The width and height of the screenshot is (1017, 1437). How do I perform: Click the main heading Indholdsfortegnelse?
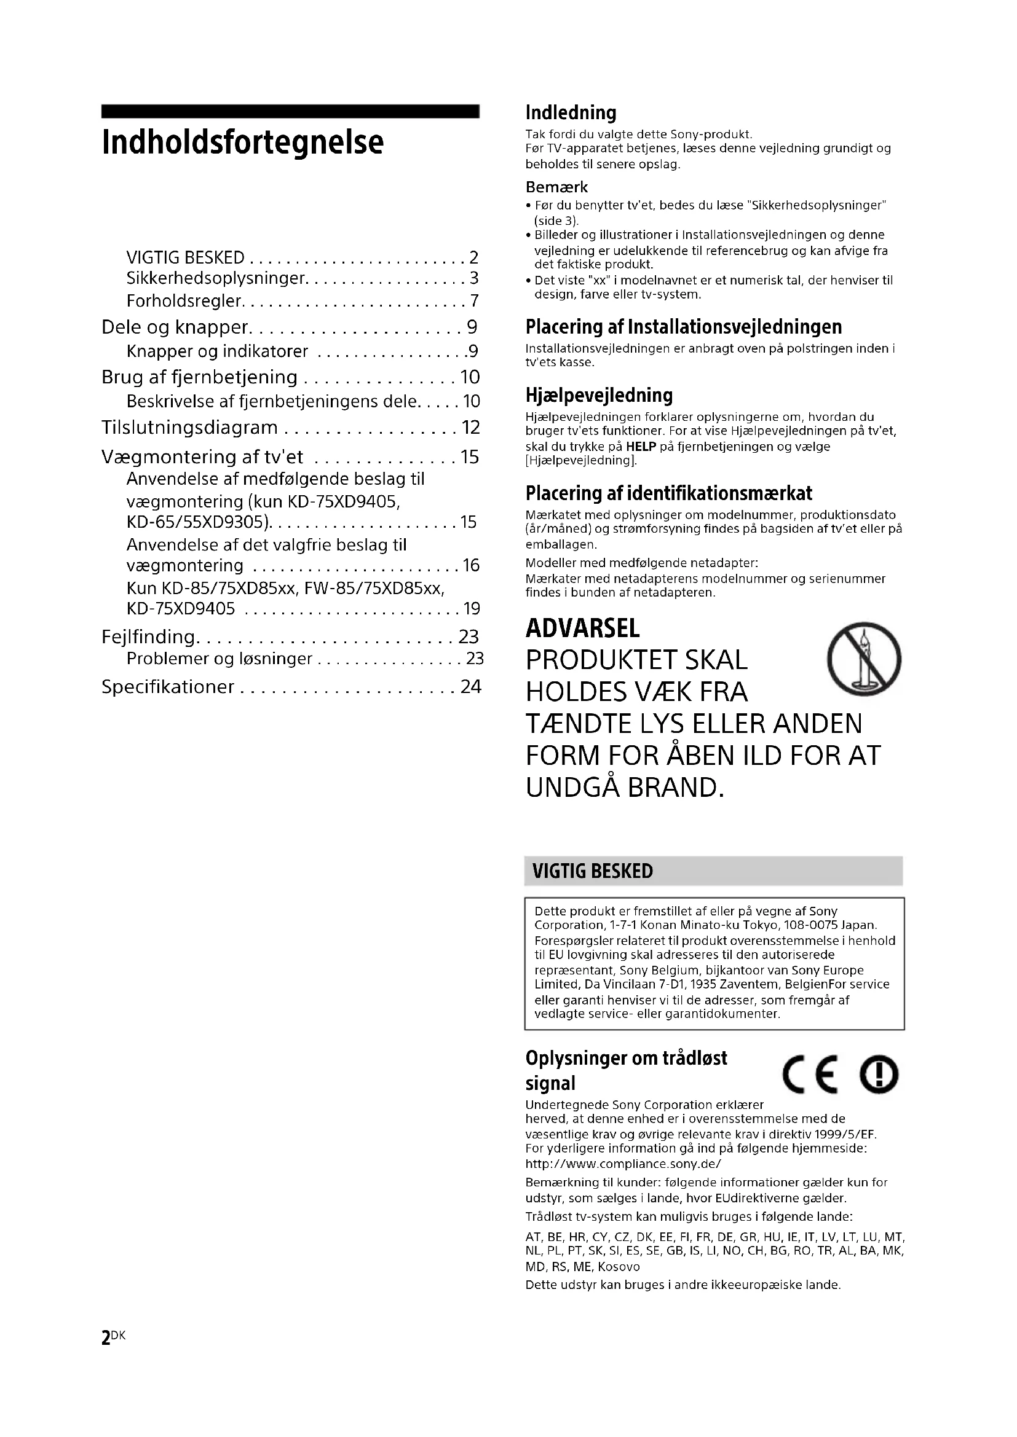pyautogui.click(x=242, y=143)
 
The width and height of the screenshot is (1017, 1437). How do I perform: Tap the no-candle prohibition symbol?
pyautogui.click(x=863, y=659)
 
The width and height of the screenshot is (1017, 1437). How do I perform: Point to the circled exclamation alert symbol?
pyautogui.click(x=879, y=1076)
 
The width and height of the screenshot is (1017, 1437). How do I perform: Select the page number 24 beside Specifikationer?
pyautogui.click(x=471, y=687)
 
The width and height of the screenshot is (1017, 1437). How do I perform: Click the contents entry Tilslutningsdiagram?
pyautogui.click(x=189, y=428)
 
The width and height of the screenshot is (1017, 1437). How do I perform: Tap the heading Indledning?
pyautogui.click(x=571, y=112)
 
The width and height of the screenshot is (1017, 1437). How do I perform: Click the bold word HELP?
pyautogui.click(x=641, y=447)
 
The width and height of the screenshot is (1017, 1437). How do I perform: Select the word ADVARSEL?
pyautogui.click(x=582, y=628)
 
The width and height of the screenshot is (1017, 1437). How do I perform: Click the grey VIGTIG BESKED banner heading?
pyautogui.click(x=592, y=871)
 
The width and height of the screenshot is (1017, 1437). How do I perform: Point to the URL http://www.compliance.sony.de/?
pyautogui.click(x=623, y=1164)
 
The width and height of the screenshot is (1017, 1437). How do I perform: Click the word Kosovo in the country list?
pyautogui.click(x=619, y=1267)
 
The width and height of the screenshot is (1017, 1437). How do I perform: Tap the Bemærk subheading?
pyautogui.click(x=556, y=187)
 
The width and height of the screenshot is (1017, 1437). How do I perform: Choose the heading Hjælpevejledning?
pyautogui.click(x=599, y=395)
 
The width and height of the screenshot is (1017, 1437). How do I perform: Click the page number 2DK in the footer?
pyautogui.click(x=113, y=1337)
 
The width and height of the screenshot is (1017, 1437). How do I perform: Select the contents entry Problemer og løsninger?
pyautogui.click(x=219, y=659)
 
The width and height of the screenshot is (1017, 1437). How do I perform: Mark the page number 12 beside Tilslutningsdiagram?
pyautogui.click(x=470, y=428)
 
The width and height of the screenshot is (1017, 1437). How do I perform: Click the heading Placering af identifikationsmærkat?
pyautogui.click(x=668, y=493)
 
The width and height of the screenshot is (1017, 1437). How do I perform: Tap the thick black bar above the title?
pyautogui.click(x=290, y=111)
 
